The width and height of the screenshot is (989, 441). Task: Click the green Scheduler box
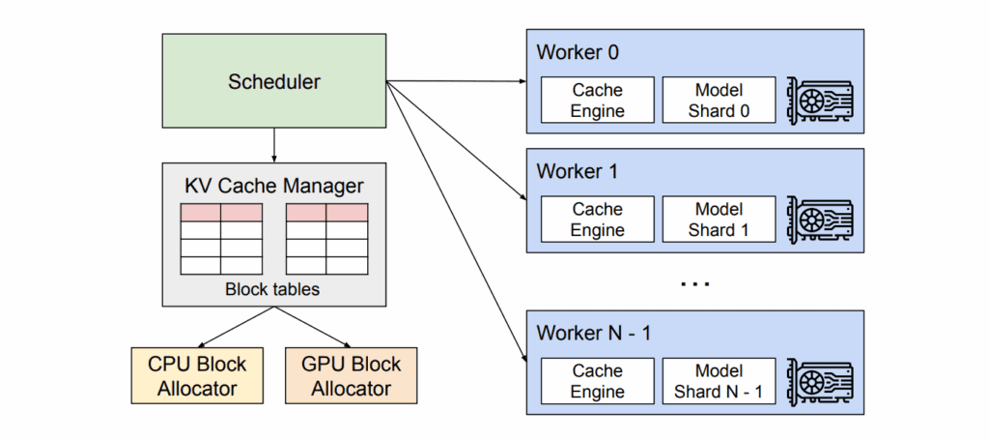274,81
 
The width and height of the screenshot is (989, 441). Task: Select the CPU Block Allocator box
197,376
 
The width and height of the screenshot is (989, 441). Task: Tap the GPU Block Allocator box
352,376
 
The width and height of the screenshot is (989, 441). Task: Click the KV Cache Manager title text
273,184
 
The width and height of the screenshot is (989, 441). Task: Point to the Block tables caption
273,288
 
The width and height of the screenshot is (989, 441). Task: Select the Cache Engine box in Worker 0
597,101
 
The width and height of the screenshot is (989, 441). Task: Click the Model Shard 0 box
719,101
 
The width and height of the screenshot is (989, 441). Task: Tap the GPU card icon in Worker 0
821,100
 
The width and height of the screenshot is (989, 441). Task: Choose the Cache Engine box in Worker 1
597,220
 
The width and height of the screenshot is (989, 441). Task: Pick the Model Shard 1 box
719,220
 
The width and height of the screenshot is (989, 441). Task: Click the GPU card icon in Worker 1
821,220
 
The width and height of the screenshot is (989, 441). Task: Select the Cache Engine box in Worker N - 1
597,381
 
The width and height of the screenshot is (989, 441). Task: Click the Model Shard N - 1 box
719,381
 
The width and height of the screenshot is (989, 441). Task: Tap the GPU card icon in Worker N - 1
821,381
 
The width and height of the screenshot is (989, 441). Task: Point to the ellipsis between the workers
694,284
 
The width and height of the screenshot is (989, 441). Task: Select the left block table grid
221,239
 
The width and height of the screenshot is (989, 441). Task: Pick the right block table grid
326,239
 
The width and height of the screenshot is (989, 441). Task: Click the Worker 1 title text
578,172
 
